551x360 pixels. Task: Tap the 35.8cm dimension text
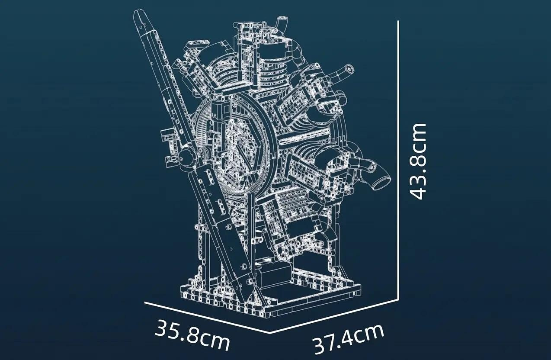pyautogui.click(x=192, y=335)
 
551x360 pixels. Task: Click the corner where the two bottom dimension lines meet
pyautogui.click(x=270, y=333)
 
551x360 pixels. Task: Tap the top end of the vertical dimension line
pyautogui.click(x=398, y=21)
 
